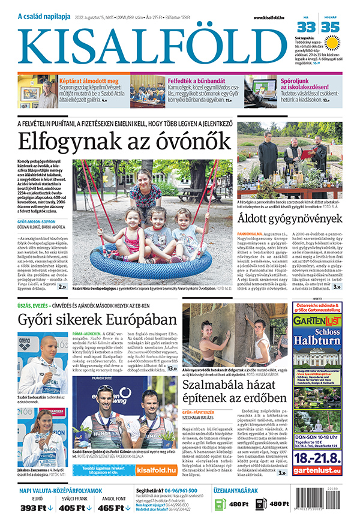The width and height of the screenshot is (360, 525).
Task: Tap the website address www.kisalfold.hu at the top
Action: [266, 17]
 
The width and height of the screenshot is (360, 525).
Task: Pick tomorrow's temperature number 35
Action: [330, 27]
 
